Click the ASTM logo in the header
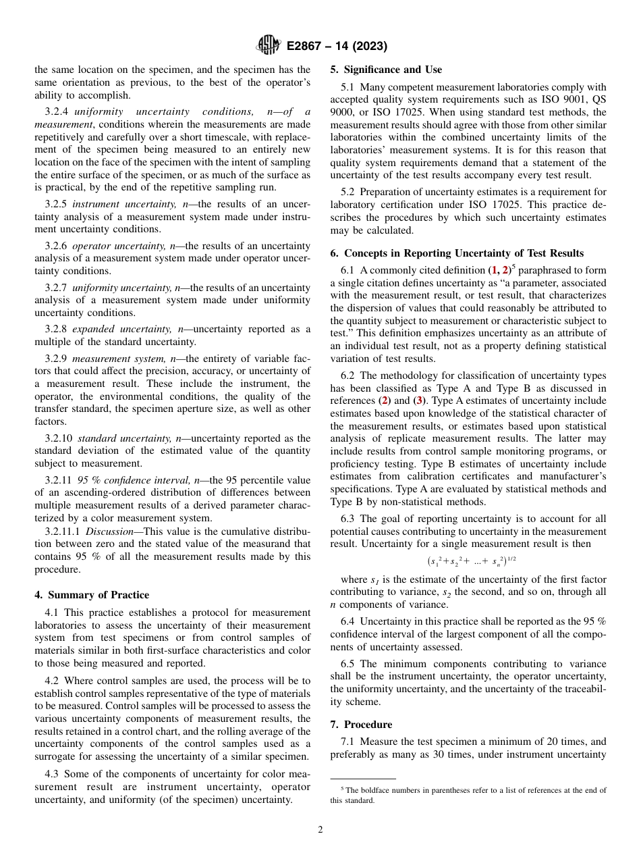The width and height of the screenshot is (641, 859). (268, 46)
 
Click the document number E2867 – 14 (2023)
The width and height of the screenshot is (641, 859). (337, 47)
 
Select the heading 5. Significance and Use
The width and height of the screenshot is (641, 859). (386, 70)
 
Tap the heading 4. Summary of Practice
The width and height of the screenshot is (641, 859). (92, 595)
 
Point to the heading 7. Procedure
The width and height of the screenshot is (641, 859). (361, 725)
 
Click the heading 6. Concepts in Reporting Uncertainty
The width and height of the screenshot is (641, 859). (457, 253)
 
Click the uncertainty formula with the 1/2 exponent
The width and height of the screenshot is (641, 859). (472, 561)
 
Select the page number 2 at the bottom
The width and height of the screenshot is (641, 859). (320, 830)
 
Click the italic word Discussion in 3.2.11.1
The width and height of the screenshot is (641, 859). (109, 531)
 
